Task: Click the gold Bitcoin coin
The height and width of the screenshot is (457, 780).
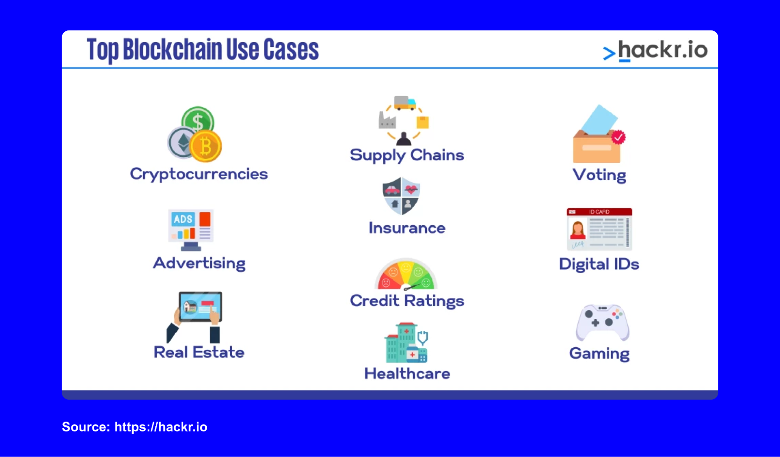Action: coord(206,147)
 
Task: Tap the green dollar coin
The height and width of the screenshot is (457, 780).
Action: coord(198,121)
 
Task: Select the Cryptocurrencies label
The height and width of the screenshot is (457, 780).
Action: coord(199,174)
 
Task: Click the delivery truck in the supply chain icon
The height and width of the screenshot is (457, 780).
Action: coord(405,103)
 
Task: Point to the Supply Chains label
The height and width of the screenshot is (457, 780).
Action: coord(407,155)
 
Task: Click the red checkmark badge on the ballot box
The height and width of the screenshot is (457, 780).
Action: coord(618,137)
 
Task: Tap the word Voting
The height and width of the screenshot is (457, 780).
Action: coord(599,175)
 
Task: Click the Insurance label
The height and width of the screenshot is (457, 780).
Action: coord(407,228)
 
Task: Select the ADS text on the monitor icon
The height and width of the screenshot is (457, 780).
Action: coord(183,219)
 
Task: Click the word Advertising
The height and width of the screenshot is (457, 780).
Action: coord(199,263)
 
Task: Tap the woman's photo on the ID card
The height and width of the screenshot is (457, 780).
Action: coord(577,229)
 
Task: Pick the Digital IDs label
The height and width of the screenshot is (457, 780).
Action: coord(599,264)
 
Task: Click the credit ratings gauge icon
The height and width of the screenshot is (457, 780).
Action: coord(406,274)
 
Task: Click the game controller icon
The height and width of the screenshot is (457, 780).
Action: coord(602,322)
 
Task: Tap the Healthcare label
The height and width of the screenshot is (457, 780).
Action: coord(407,374)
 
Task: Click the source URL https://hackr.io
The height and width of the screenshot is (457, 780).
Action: coord(161,427)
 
